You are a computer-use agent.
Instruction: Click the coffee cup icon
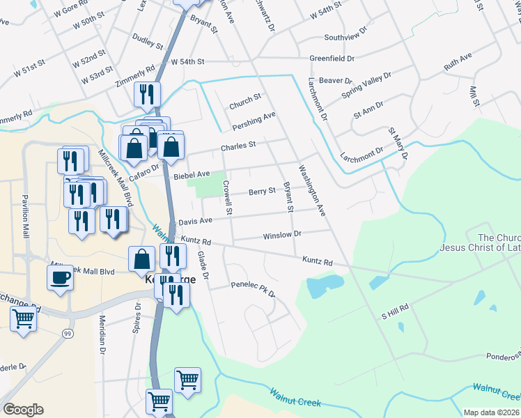(x=60, y=278)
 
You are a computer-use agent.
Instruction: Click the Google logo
(x=23, y=410)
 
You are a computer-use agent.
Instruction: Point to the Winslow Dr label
(x=281, y=235)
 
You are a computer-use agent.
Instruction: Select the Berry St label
(x=262, y=192)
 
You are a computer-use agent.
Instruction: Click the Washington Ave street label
(x=312, y=189)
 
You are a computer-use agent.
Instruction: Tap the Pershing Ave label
(x=254, y=120)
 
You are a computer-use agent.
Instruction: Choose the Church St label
(x=244, y=102)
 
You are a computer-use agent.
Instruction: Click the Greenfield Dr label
(x=332, y=59)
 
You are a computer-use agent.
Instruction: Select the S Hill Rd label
(x=394, y=311)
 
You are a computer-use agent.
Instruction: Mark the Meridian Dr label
(x=102, y=327)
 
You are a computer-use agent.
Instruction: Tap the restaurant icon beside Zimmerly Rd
(x=147, y=93)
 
